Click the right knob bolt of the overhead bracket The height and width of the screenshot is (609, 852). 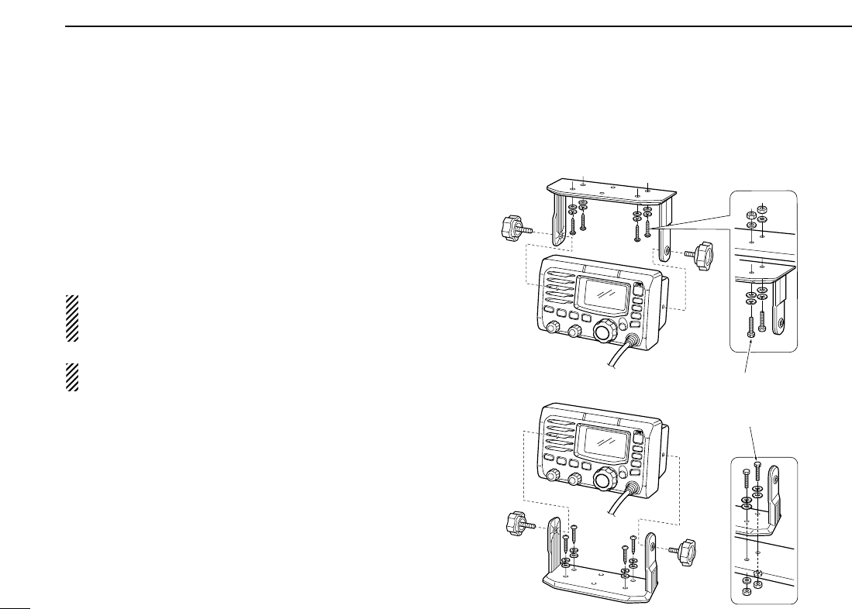tap(703, 253)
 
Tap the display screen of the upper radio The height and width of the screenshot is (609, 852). tap(604, 297)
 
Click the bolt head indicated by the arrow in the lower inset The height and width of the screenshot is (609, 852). tap(757, 463)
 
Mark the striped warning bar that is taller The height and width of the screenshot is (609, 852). tap(73, 318)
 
